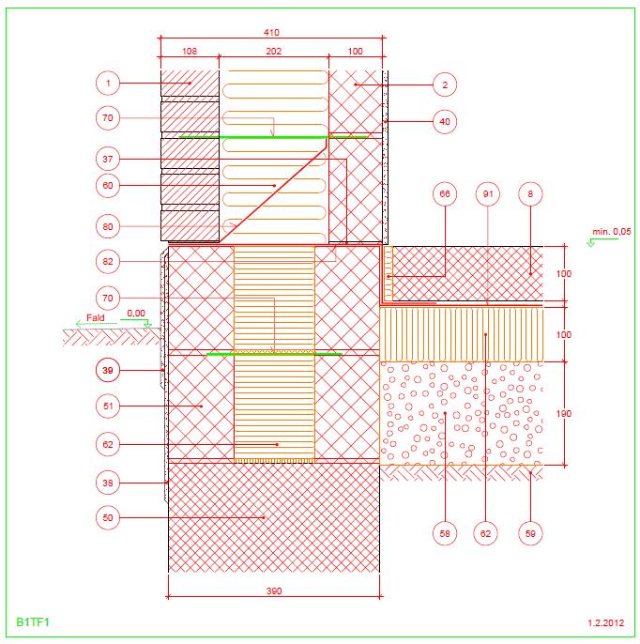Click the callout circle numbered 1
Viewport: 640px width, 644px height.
tap(108, 84)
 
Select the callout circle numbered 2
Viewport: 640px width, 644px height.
tap(445, 85)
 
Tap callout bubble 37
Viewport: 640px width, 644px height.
tap(108, 159)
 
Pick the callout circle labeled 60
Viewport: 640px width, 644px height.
tap(108, 186)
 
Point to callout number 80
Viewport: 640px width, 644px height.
tap(108, 227)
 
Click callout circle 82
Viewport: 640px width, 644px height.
tap(108, 262)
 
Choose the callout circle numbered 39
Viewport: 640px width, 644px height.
tap(108, 371)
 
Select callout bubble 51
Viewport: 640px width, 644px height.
tap(108, 406)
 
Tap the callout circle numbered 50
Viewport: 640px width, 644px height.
tap(108, 518)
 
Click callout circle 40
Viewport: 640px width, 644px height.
tap(445, 122)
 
